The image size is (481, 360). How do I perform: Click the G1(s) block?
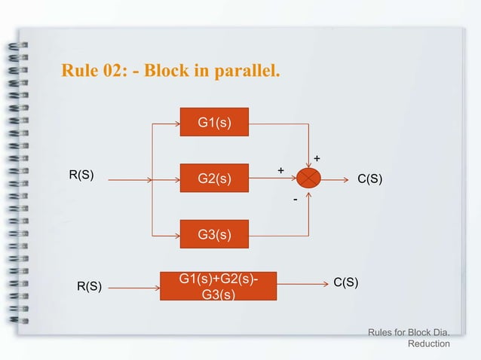[214, 122]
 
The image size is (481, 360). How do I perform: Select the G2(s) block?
[214, 178]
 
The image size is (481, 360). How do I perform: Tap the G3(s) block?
[214, 235]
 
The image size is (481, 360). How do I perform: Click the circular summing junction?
[309, 178]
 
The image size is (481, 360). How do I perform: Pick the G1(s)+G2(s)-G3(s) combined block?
[218, 286]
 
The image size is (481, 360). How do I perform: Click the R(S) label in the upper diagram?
[81, 175]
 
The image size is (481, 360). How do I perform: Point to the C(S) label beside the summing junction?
[369, 178]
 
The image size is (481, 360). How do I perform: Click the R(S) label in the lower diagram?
[88, 286]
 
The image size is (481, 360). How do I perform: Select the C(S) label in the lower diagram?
[345, 282]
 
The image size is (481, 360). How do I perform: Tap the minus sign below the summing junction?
[296, 200]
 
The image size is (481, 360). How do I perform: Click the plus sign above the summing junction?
[317, 159]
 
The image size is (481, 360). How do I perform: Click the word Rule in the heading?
[80, 72]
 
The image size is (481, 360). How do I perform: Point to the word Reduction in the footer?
[428, 344]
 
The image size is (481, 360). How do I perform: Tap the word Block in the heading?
[164, 72]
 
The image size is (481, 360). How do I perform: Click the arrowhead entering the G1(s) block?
[176, 122]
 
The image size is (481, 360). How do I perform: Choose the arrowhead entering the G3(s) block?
[176, 235]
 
